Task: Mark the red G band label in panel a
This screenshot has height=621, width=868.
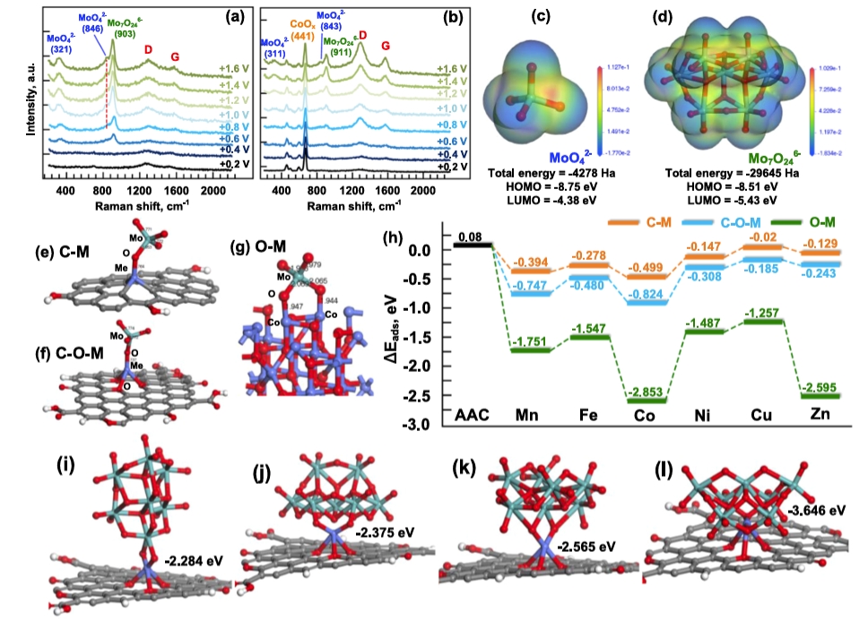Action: [x=176, y=56]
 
